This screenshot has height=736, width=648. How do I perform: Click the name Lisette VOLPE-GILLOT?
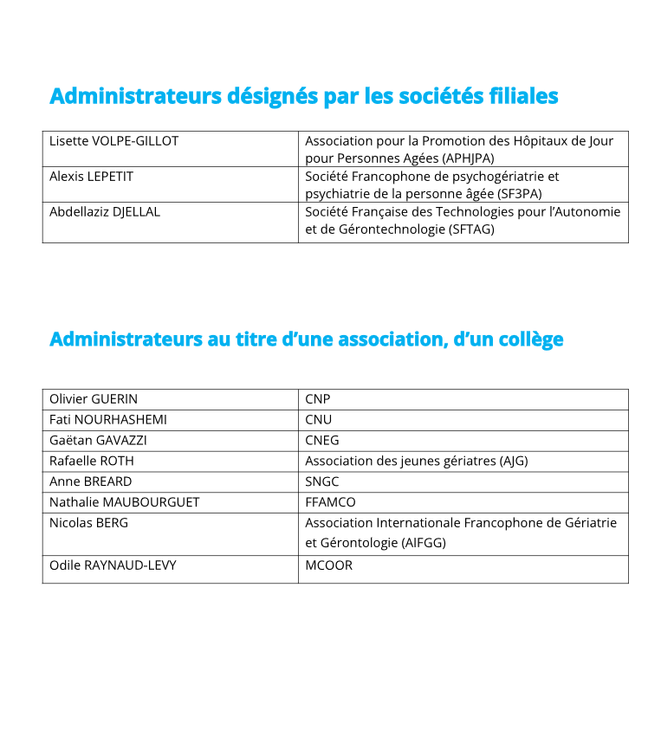(113, 140)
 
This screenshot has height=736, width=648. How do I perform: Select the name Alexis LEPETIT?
(91, 176)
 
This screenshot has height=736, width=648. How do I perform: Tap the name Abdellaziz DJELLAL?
(105, 211)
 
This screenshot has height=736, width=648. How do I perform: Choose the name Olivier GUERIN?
(94, 399)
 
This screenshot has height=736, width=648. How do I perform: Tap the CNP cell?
(318, 399)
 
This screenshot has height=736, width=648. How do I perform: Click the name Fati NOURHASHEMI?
(108, 420)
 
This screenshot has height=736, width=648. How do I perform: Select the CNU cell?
(319, 420)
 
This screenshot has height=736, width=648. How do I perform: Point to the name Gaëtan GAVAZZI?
(98, 440)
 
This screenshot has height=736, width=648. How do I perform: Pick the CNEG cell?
(322, 440)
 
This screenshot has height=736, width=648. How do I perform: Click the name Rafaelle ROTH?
(92, 461)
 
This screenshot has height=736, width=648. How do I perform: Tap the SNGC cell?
(322, 481)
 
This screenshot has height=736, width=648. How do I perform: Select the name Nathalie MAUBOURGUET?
(125, 502)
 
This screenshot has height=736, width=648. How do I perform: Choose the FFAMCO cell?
(330, 502)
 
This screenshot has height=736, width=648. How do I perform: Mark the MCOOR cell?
(329, 565)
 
